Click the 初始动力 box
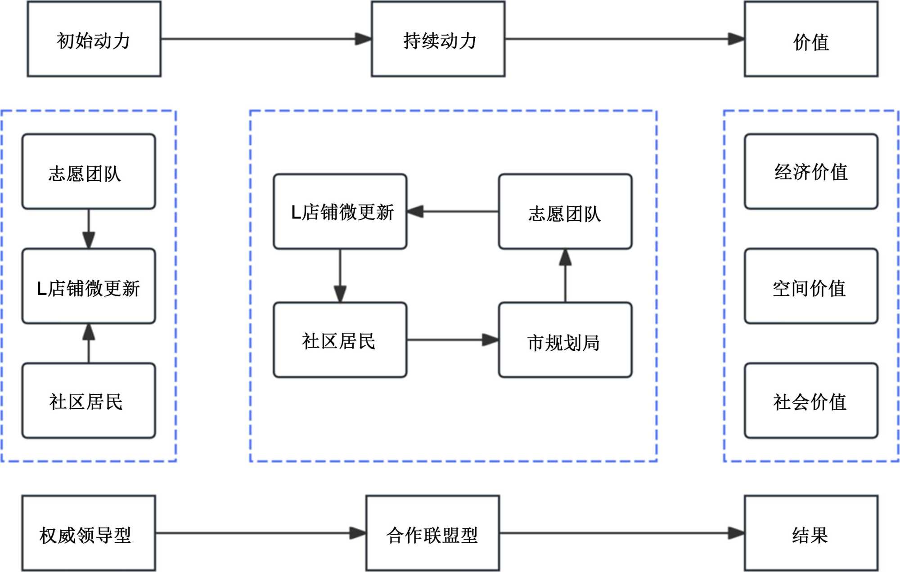point(94,39)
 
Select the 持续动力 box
point(438,39)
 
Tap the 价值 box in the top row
point(811,39)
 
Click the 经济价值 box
point(811,171)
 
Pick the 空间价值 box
point(811,286)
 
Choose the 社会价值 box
point(811,401)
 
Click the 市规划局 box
point(565,340)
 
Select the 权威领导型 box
point(89,533)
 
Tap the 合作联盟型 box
point(432,533)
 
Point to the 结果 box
point(811,533)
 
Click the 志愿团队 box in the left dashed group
point(89,171)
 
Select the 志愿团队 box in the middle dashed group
point(565,211)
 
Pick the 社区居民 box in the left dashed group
point(89,401)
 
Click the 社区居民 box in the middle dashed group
point(340,340)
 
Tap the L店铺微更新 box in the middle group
point(340,211)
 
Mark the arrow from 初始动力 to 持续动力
point(266,39)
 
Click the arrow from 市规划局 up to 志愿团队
point(565,276)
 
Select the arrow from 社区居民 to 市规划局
point(453,340)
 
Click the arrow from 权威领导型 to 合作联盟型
point(261,533)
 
